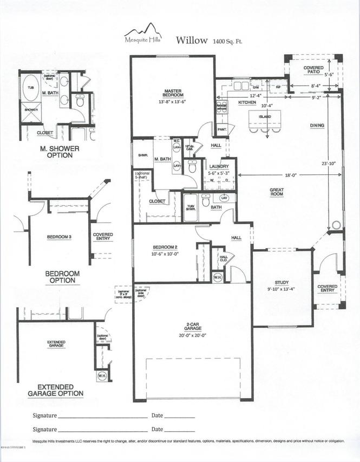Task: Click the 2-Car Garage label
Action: (x=193, y=328)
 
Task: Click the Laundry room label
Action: (x=219, y=167)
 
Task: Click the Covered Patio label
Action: (x=314, y=70)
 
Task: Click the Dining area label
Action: (x=317, y=126)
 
